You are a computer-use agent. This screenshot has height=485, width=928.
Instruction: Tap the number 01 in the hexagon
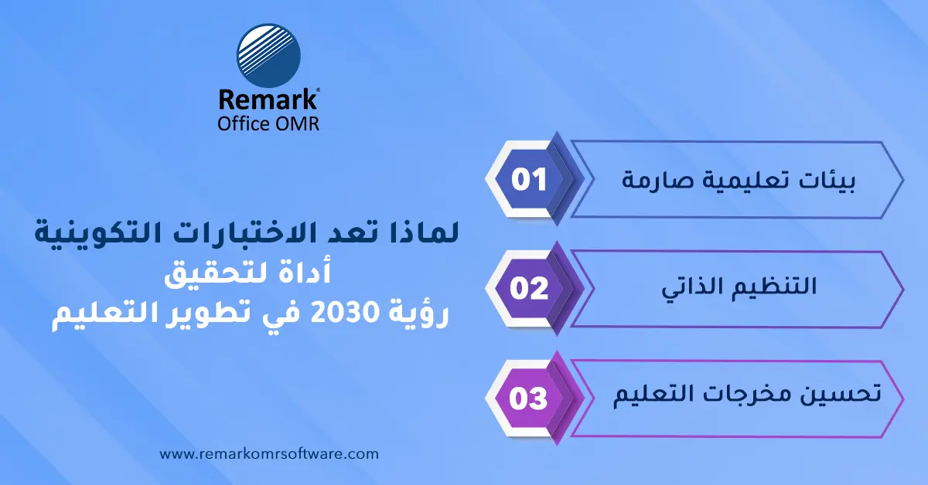point(529,179)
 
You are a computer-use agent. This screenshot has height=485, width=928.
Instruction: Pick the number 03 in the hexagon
point(529,399)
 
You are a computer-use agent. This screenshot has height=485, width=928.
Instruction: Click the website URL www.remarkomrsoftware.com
point(269,455)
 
